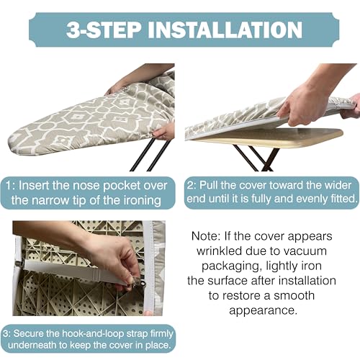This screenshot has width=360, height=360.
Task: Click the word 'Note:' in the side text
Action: tap(207, 235)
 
